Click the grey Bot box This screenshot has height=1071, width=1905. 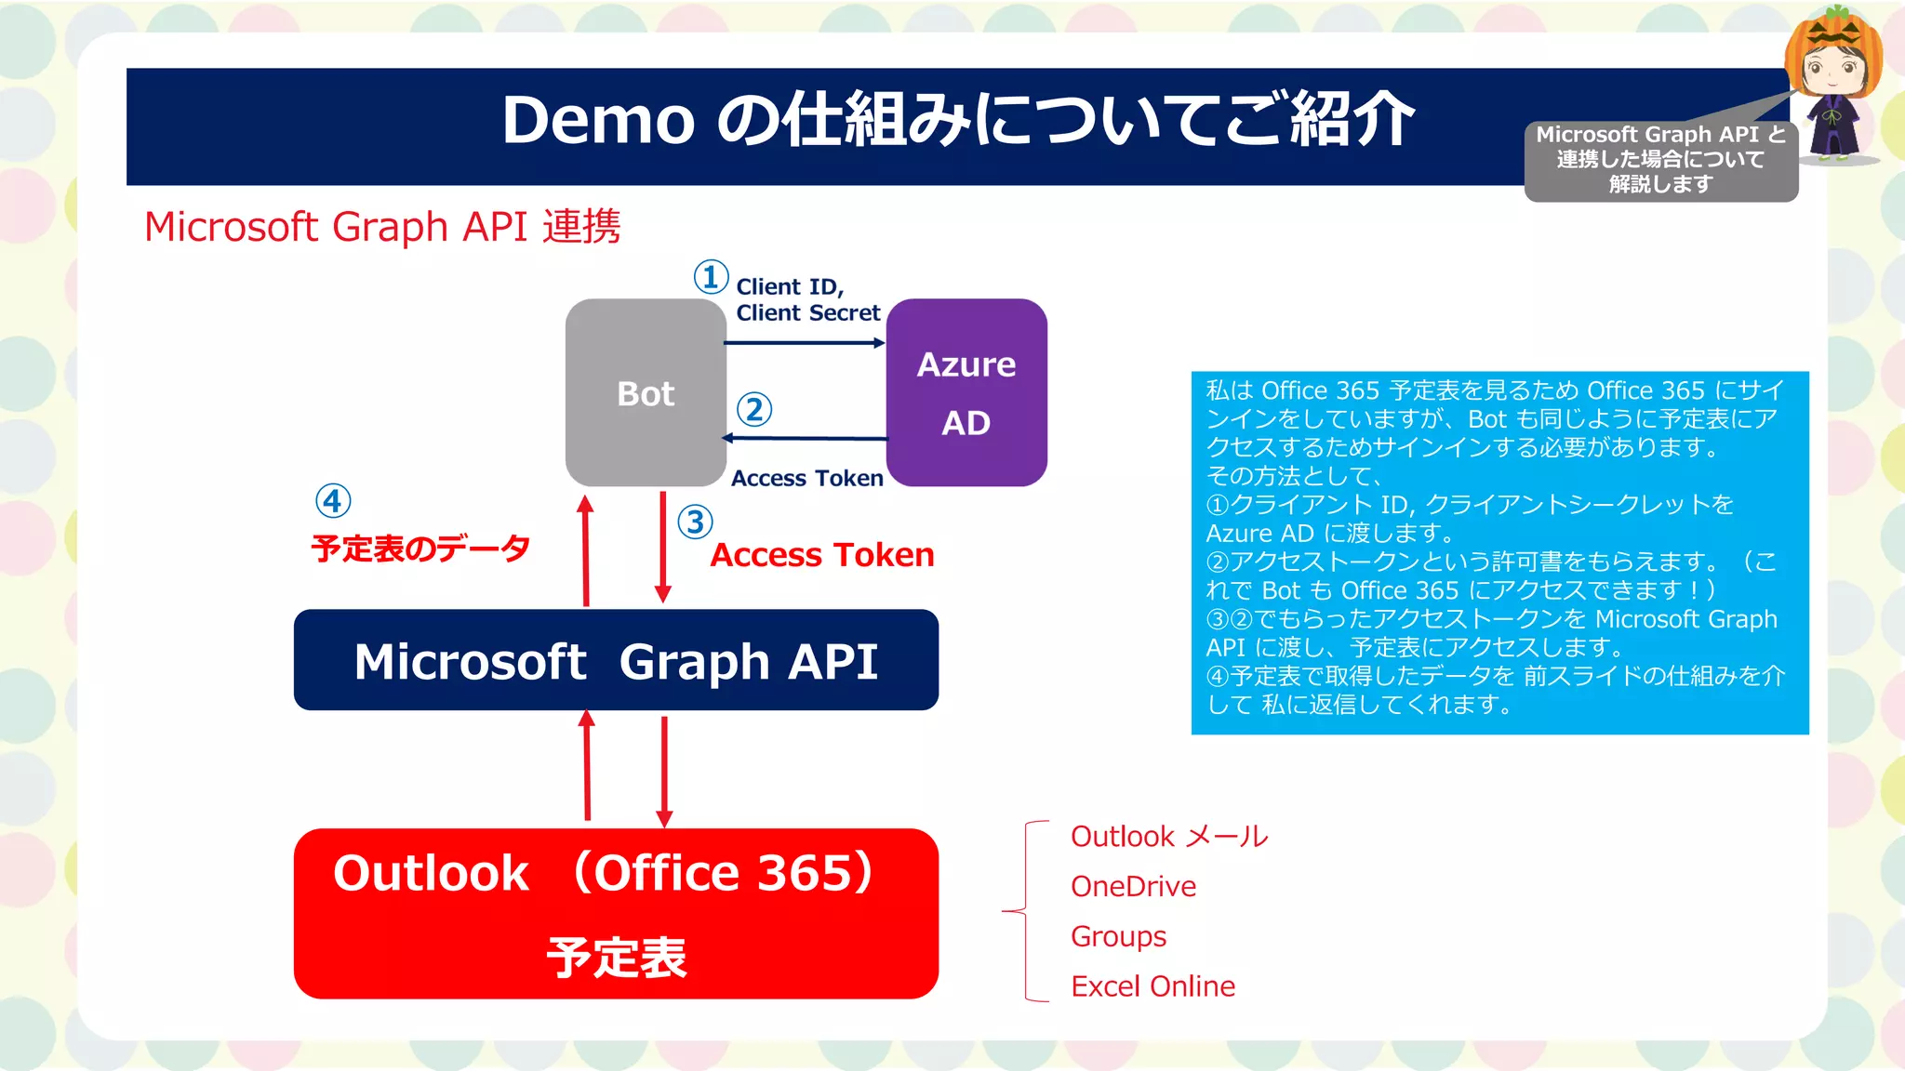point(646,392)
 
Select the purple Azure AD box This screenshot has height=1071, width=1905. point(966,392)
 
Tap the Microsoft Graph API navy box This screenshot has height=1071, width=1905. point(616,660)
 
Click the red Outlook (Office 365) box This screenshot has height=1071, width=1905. point(616,913)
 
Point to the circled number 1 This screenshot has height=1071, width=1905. point(711,277)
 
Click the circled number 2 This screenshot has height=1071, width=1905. point(754,409)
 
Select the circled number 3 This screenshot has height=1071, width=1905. point(695,522)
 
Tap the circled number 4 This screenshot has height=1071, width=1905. point(333,501)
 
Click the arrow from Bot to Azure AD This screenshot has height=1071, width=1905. point(805,343)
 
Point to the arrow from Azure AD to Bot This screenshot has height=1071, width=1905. point(805,438)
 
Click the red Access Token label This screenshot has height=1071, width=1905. point(822,555)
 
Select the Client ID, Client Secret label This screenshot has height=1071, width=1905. point(806,299)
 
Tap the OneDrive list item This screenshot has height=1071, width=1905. point(1133,886)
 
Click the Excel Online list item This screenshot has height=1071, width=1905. point(1152,985)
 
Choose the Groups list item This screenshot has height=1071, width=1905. point(1118,936)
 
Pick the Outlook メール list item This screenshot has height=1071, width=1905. point(1169,836)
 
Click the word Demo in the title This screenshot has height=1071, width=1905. point(598,120)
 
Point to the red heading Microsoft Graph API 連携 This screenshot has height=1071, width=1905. point(382,227)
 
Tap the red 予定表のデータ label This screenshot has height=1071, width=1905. point(420,549)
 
